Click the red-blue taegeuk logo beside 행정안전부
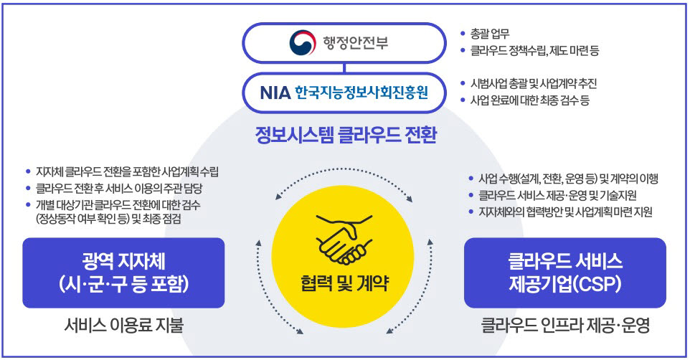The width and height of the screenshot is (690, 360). click(x=302, y=43)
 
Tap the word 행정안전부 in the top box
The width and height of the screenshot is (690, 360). click(x=356, y=43)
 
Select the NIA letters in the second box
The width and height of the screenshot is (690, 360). click(x=275, y=93)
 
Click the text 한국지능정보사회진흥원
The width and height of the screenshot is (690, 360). click(x=361, y=93)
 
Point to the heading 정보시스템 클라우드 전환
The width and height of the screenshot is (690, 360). click(x=346, y=135)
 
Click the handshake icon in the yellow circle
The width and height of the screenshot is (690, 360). click(x=344, y=240)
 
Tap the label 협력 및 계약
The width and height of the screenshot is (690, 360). click(x=344, y=283)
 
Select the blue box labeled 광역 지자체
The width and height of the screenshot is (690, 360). click(x=123, y=273)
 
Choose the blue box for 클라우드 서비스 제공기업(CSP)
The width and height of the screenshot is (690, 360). click(x=565, y=273)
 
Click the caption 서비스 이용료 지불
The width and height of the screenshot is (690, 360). click(x=123, y=326)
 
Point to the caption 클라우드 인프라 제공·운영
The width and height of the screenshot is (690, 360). click(x=565, y=326)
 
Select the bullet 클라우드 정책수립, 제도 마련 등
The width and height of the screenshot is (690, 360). click(x=534, y=51)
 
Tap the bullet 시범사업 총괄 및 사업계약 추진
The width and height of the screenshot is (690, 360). click(x=534, y=84)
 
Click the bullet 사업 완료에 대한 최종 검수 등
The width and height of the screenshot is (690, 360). click(x=530, y=100)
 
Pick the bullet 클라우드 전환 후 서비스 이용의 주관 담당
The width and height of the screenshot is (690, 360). click(x=119, y=189)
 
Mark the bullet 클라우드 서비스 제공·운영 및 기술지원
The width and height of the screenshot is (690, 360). click(x=557, y=195)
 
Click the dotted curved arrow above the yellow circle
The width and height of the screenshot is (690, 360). click(x=344, y=169)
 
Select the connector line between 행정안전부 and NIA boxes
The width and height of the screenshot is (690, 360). click(x=344, y=68)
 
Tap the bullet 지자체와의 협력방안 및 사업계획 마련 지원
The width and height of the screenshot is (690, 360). click(x=565, y=212)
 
